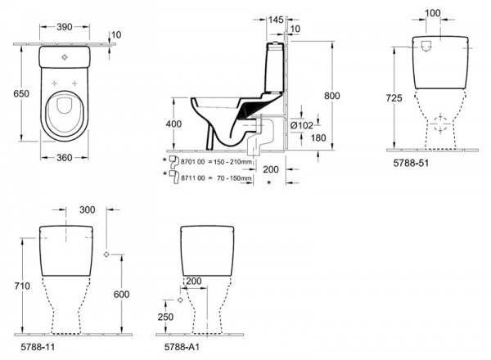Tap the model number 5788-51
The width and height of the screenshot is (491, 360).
pyautogui.click(x=409, y=163)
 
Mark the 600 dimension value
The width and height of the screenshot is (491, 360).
pyautogui.click(x=121, y=295)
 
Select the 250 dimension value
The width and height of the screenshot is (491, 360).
pyautogui.click(x=166, y=317)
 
